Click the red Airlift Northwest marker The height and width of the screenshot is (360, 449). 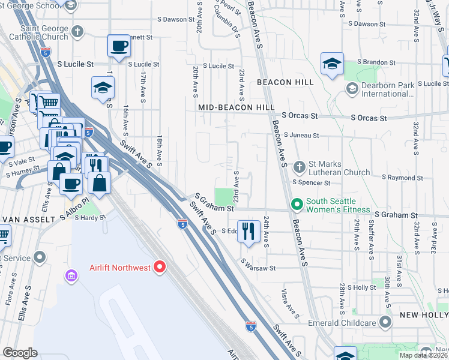point(160,267)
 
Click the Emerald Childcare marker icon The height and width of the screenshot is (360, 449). point(385,323)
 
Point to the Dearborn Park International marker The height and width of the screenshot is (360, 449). point(352,89)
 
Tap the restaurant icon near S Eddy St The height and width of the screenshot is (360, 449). point(249,230)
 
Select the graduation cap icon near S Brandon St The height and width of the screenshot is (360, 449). point(331,64)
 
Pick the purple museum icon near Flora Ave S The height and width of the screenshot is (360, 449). point(71,275)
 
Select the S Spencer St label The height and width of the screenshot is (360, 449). point(311,182)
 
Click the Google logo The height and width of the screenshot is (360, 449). point(20,353)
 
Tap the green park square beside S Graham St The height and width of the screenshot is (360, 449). point(223,196)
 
